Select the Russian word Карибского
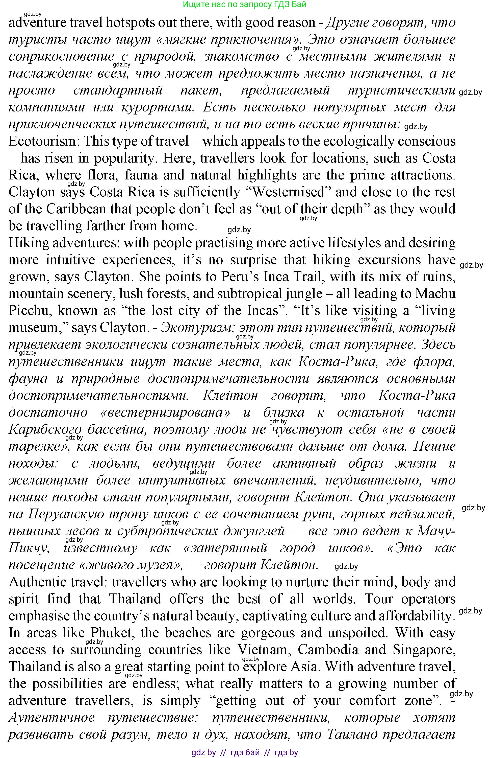[44, 429]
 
